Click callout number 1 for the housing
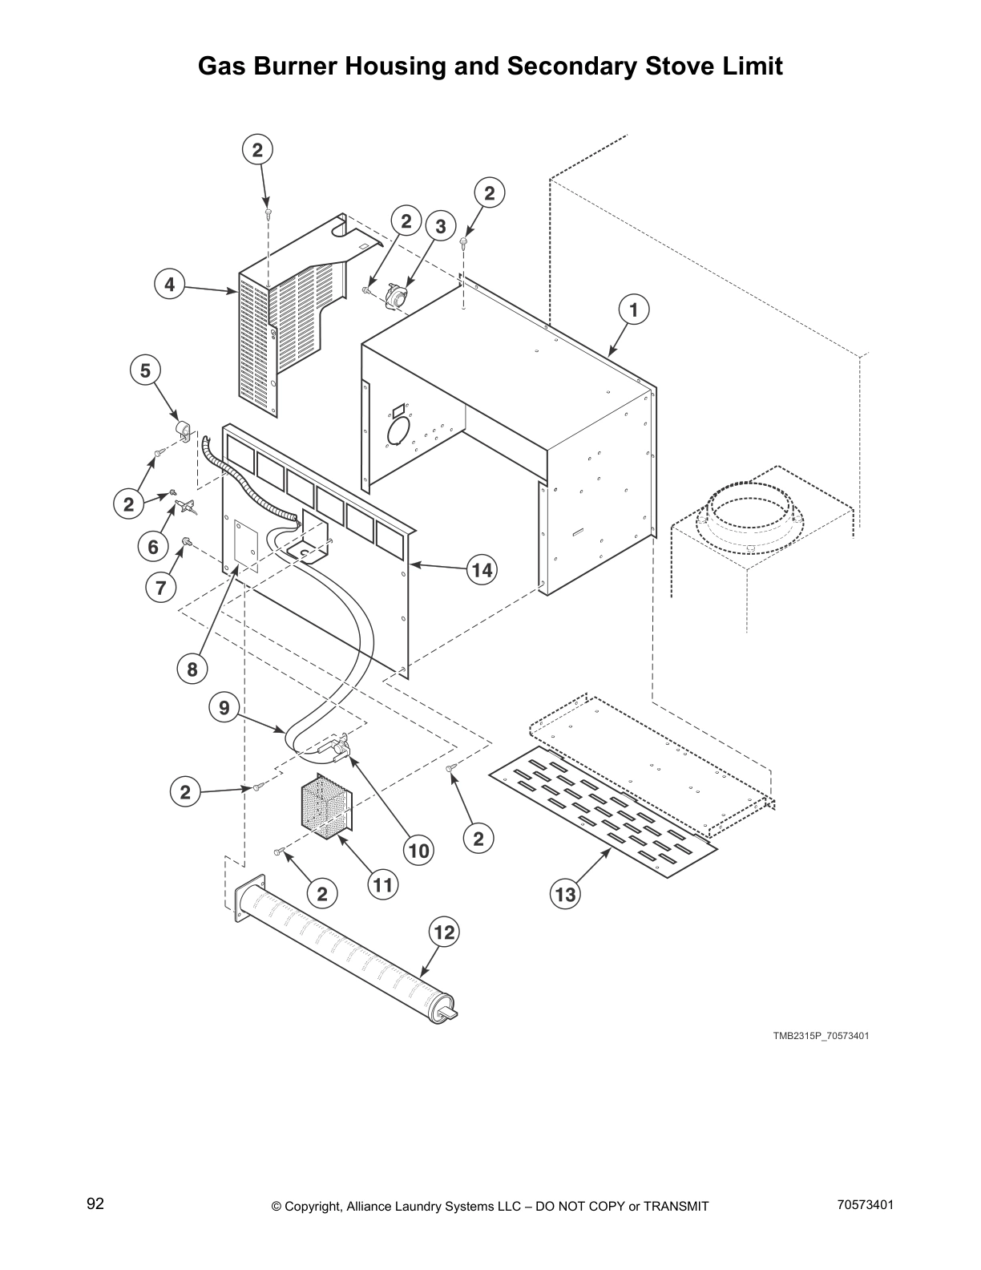(632, 310)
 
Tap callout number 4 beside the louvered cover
(169, 285)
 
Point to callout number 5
(145, 370)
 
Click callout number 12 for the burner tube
(444, 932)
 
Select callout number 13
(566, 895)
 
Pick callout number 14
(481, 570)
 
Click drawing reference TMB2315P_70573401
(821, 1036)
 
